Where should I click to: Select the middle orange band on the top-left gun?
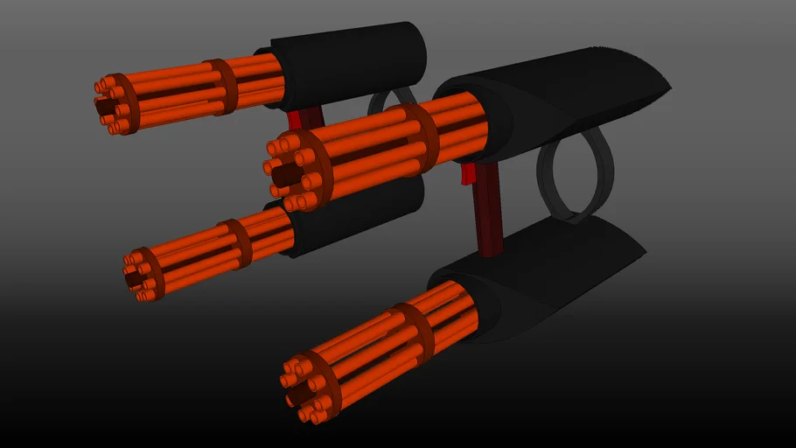pyautogui.click(x=220, y=87)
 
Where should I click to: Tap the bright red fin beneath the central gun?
pyautogui.click(x=469, y=174)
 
